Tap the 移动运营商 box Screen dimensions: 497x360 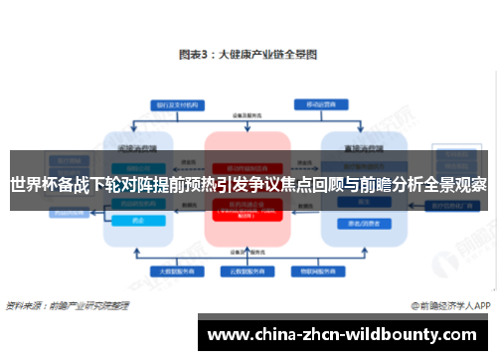[320, 103]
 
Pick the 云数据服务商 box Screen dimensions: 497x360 [248, 270]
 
